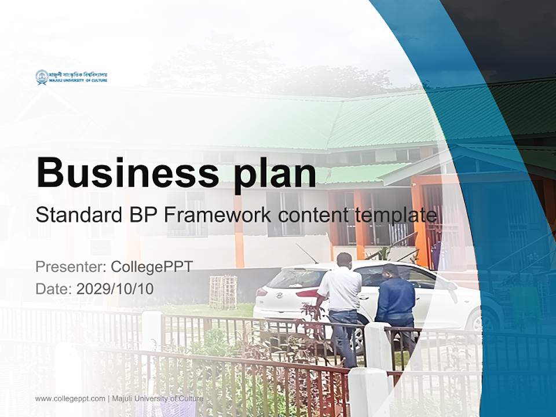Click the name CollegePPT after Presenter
(x=151, y=267)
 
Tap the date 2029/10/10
(x=115, y=288)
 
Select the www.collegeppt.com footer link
(x=70, y=398)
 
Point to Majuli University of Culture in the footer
(x=157, y=398)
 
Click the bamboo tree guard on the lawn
(x=222, y=292)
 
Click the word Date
(x=51, y=288)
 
